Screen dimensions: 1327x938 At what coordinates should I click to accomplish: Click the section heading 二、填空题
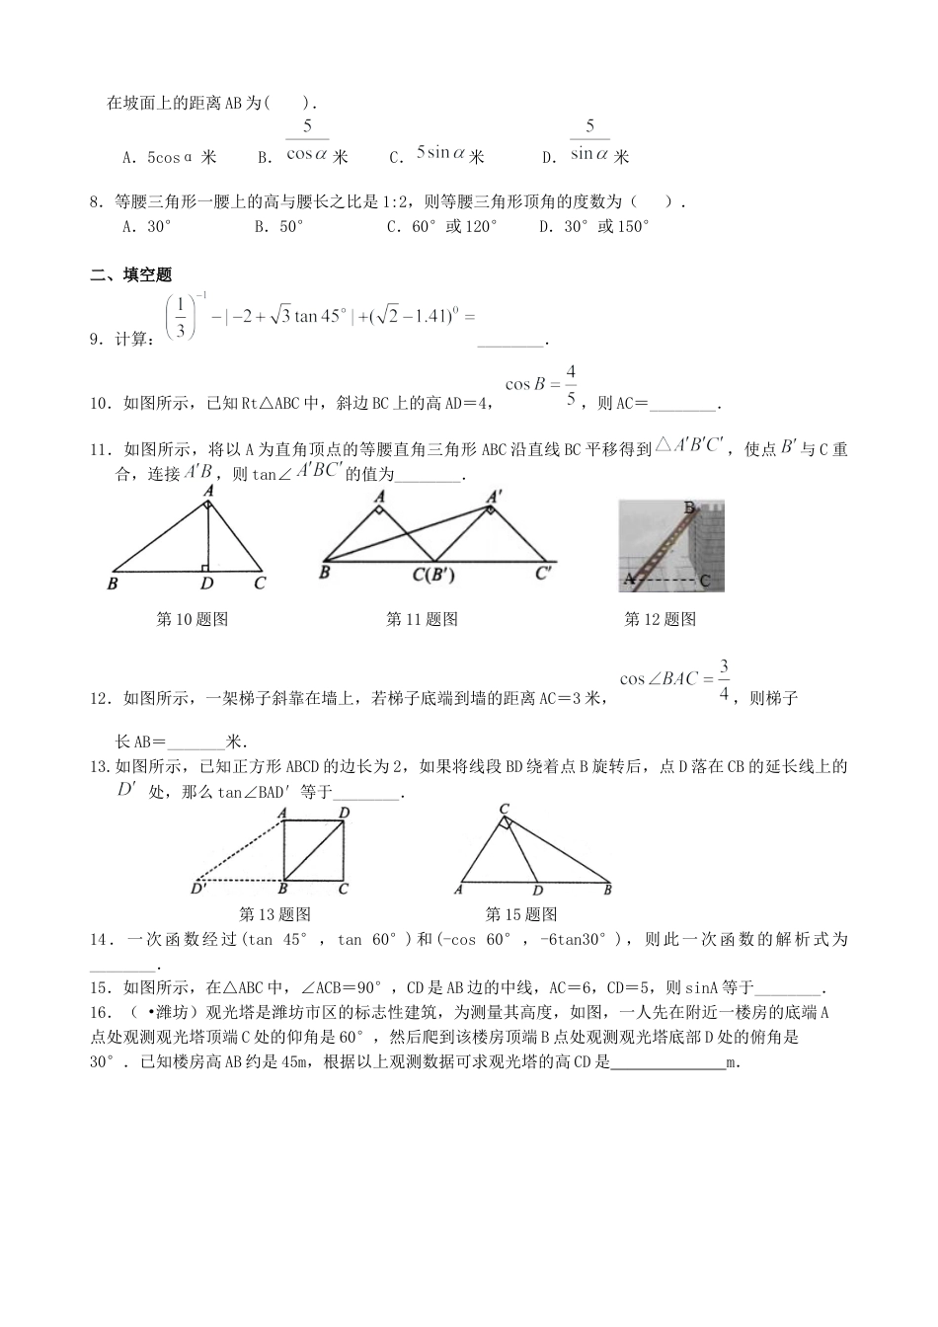click(x=130, y=275)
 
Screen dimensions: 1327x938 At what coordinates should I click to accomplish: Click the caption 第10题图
click(x=193, y=620)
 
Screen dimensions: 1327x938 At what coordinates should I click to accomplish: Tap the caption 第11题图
click(x=422, y=620)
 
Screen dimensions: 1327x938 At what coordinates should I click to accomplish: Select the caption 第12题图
click(x=661, y=620)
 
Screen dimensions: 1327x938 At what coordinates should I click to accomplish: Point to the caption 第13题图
click(x=275, y=914)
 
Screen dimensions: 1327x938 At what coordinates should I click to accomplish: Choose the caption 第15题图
click(x=521, y=914)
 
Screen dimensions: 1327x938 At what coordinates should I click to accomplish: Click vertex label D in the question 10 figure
click(x=206, y=584)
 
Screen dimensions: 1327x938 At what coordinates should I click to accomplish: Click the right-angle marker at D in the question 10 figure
click(x=203, y=567)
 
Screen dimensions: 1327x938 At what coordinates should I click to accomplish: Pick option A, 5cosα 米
click(x=169, y=157)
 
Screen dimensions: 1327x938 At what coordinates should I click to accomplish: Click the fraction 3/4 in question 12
click(x=724, y=679)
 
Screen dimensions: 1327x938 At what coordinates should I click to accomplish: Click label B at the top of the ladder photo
click(x=689, y=507)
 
